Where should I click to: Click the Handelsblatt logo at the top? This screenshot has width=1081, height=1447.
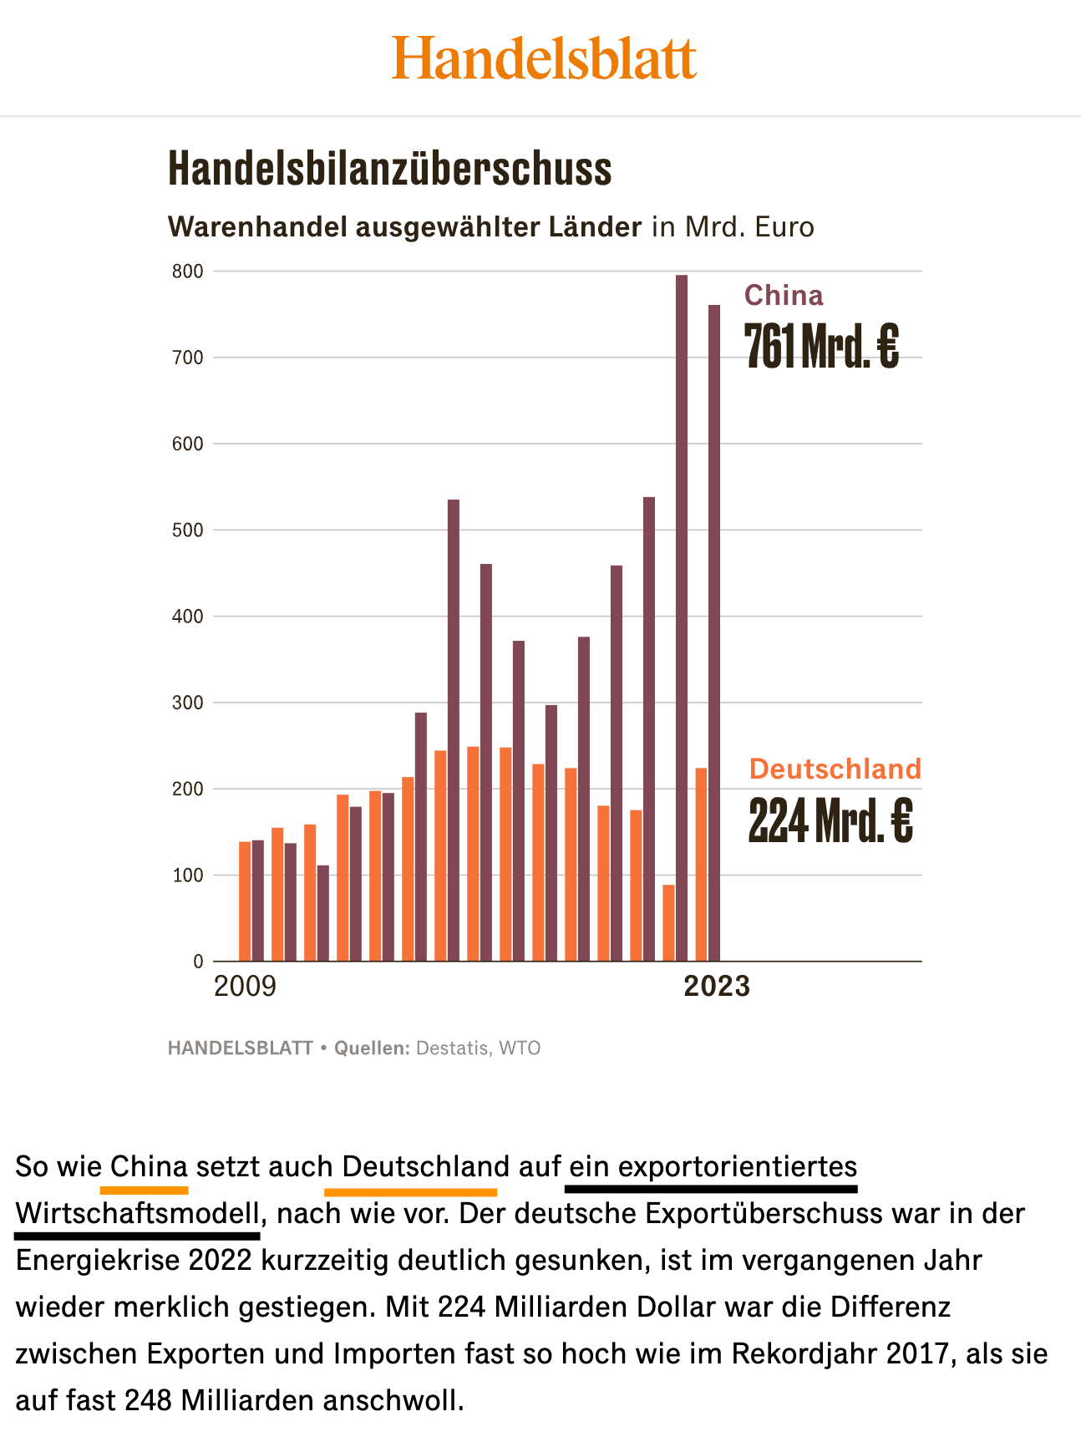(544, 58)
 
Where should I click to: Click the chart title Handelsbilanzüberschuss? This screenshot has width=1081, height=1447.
(390, 169)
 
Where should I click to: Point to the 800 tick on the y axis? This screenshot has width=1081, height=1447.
(188, 272)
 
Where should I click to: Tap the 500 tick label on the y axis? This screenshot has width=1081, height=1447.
(188, 531)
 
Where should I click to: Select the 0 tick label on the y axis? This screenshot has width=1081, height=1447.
(198, 962)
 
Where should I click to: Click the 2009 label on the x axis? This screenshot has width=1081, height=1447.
(245, 987)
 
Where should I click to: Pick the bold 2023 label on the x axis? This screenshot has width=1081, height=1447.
(717, 987)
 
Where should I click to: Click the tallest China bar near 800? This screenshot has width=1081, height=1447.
(682, 618)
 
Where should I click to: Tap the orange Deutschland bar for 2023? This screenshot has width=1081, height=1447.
(701, 865)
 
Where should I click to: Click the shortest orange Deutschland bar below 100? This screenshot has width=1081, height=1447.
(668, 923)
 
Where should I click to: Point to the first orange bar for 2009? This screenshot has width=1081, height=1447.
(245, 901)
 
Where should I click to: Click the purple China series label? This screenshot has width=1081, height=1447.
(784, 296)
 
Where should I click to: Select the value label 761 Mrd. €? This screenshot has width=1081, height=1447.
(821, 346)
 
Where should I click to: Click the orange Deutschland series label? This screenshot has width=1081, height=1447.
(835, 769)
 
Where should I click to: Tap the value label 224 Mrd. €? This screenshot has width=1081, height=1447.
(830, 820)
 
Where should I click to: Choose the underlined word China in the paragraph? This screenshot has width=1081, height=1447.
(149, 1166)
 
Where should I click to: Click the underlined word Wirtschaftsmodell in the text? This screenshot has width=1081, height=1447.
(138, 1213)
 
